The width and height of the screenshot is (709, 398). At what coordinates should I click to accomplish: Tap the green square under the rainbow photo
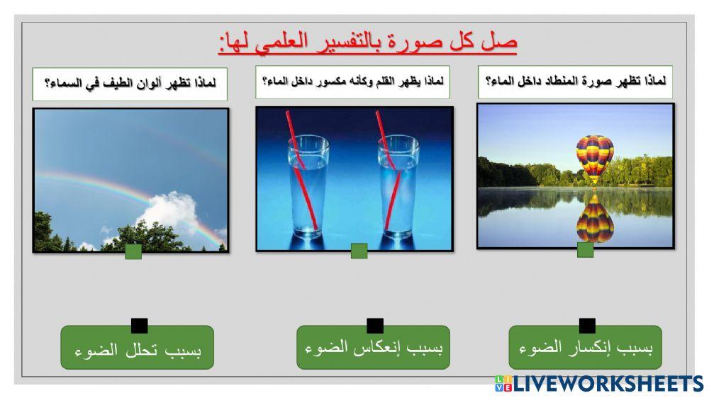(133, 251)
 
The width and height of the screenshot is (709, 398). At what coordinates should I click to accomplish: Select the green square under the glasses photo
(359, 251)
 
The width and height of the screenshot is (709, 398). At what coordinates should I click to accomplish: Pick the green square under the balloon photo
(585, 249)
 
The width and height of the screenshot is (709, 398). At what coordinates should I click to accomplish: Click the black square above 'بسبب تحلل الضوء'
(140, 326)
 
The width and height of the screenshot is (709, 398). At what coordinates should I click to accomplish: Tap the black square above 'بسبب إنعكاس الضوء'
(375, 326)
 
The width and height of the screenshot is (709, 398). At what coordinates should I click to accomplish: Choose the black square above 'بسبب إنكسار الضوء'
(587, 326)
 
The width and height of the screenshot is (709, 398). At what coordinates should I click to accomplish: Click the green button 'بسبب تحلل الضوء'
(137, 348)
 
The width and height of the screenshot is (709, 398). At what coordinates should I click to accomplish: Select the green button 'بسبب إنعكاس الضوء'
(374, 348)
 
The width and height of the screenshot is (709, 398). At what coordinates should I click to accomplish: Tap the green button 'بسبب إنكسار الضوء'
(586, 348)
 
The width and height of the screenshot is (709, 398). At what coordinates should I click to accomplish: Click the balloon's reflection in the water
(594, 220)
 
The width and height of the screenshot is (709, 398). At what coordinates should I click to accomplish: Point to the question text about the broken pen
(352, 82)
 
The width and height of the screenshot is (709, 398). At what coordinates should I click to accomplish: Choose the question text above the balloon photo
(574, 82)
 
